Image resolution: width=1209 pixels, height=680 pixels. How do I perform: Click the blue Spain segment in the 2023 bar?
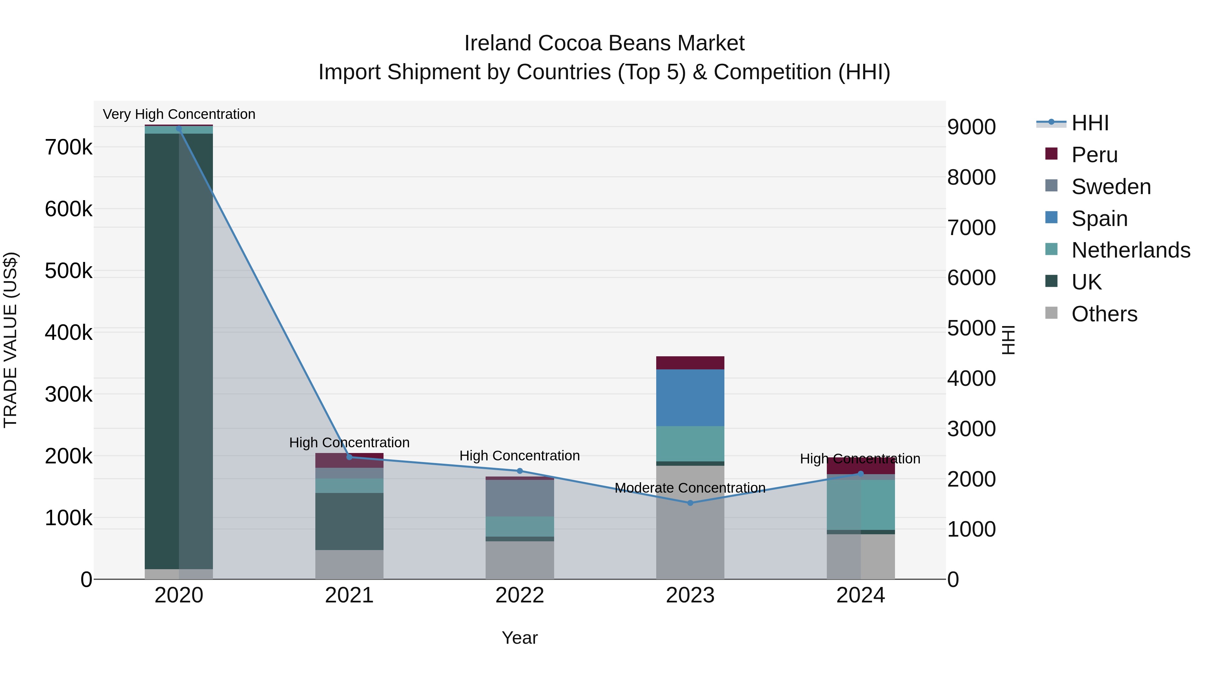690,398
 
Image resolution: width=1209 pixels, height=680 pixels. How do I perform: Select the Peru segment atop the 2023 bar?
690,363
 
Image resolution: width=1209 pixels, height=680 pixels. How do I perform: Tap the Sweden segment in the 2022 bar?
520,498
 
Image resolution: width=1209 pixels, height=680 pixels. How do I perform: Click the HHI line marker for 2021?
349,457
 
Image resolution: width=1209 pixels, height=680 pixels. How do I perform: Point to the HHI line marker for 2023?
690,503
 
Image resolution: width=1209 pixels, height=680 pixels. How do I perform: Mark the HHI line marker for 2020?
179,129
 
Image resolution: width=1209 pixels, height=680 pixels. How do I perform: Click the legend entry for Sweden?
1111,186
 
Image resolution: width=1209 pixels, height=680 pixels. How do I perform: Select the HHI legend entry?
1090,123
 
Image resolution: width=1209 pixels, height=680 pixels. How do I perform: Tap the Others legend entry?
1104,314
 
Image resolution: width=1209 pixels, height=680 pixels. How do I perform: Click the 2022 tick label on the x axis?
520,595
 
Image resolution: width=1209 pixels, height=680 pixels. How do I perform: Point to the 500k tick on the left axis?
69,271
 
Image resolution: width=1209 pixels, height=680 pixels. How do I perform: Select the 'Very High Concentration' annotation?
179,114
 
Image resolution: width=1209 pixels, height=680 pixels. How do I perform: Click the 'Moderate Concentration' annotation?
690,488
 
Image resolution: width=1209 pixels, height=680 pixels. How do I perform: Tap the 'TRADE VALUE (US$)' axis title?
10,340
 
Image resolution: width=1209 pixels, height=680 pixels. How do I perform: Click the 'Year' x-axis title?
520,638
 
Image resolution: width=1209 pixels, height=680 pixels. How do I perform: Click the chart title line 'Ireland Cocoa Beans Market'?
604,43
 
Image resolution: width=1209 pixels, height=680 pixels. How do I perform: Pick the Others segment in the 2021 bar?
349,564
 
